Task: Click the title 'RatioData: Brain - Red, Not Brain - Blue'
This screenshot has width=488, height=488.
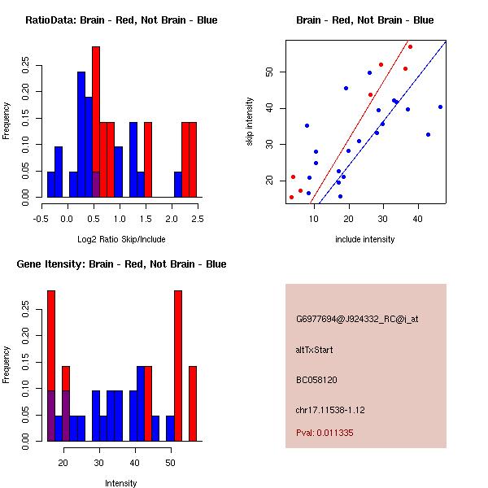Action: tap(121, 20)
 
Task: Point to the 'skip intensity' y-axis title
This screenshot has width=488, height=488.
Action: tap(251, 122)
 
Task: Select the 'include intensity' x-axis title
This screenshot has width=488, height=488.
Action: tap(364, 239)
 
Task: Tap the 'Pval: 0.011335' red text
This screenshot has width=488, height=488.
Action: tap(325, 433)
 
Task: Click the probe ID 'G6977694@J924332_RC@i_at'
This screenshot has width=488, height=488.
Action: tap(357, 319)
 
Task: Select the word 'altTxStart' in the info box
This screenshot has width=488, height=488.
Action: tap(315, 350)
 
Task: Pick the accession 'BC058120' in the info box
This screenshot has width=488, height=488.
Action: tap(316, 379)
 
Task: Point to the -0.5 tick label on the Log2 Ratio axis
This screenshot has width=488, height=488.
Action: tap(41, 218)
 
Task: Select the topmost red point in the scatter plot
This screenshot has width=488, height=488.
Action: tap(410, 47)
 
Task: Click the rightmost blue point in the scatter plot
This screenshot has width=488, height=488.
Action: tap(440, 107)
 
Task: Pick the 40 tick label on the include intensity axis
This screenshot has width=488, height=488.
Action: tap(417, 218)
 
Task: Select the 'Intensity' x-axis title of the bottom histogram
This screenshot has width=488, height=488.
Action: tap(121, 483)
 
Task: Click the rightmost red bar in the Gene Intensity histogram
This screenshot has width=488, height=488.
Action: tap(193, 403)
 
